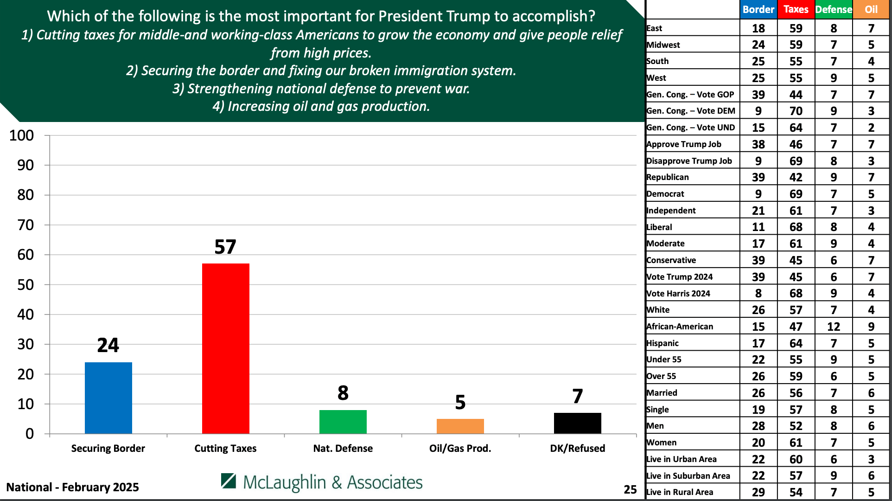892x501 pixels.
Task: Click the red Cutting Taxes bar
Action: [x=225, y=348]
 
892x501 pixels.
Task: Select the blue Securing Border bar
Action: [x=108, y=398]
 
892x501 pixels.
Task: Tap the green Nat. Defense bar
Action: [x=343, y=421]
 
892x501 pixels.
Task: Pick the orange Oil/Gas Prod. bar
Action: [x=460, y=426]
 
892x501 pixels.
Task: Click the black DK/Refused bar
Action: [x=577, y=423]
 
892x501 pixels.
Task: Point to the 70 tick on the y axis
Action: [x=25, y=225]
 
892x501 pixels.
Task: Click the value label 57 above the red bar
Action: [x=225, y=247]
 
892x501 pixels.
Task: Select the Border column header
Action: [x=758, y=9]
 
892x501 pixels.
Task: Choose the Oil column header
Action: [x=871, y=9]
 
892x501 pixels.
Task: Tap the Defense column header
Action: [x=834, y=9]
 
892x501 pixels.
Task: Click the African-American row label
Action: [x=680, y=327]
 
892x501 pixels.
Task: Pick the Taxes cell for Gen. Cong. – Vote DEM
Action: [x=796, y=111]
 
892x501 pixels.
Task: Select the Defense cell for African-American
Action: [x=834, y=327]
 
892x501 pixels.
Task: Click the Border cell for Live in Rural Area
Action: [x=758, y=492]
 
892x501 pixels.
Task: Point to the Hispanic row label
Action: [x=663, y=343]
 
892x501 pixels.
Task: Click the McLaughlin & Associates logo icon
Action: [x=229, y=481]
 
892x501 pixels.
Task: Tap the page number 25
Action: [x=630, y=489]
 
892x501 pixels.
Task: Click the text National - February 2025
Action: [x=72, y=487]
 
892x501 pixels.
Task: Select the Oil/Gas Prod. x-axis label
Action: [x=460, y=448]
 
